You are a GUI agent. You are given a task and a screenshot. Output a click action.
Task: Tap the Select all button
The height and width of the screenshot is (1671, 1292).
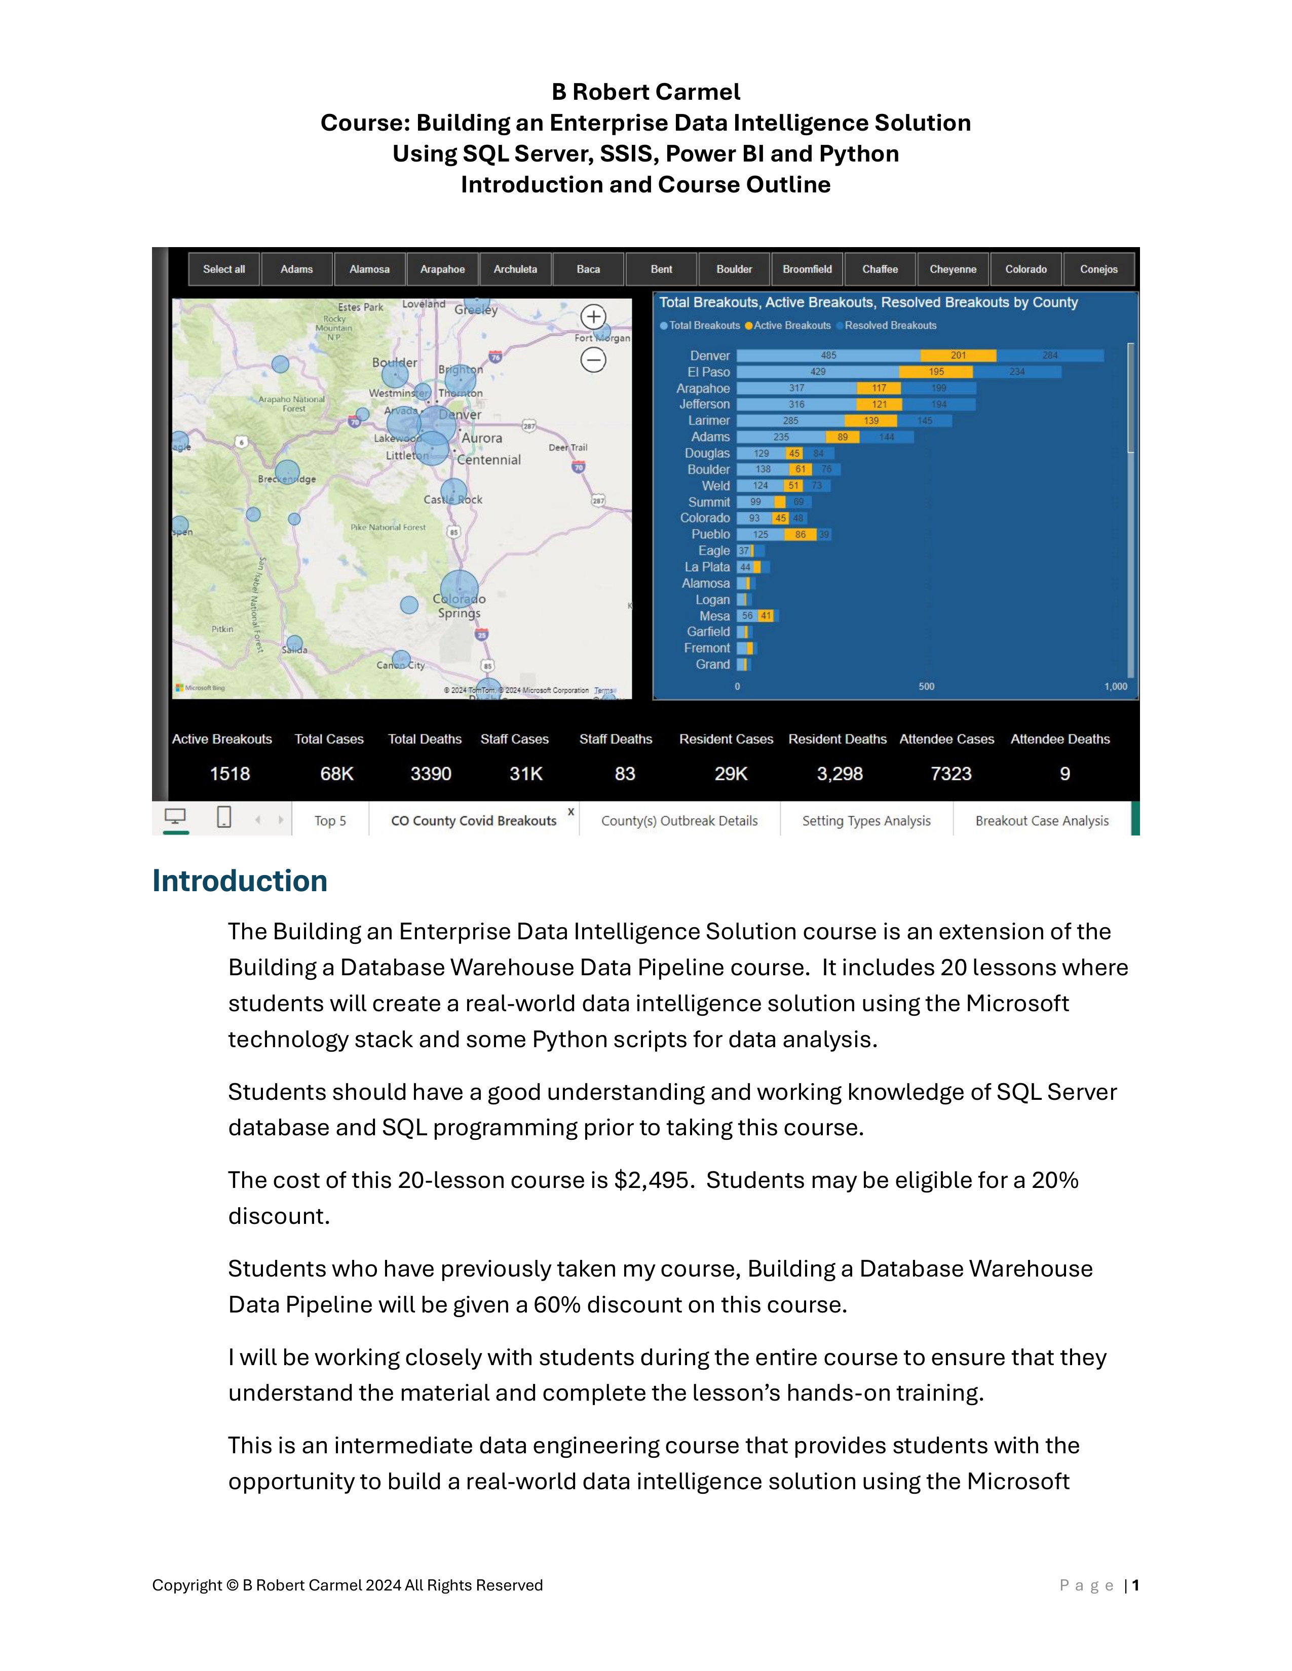coord(223,269)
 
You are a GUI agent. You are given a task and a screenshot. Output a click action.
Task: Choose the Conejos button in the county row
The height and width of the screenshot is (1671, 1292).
coord(1098,269)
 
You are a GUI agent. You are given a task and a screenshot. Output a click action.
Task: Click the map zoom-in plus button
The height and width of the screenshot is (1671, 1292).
coord(593,316)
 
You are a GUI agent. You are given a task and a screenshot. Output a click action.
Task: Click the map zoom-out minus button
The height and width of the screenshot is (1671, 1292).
coord(593,360)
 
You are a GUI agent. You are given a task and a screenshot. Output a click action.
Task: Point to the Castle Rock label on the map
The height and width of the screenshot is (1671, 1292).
coord(453,500)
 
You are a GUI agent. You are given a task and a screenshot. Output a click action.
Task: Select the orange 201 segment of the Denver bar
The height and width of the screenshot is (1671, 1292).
coord(958,356)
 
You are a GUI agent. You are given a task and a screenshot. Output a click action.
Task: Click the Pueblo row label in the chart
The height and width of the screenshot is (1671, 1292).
coord(710,534)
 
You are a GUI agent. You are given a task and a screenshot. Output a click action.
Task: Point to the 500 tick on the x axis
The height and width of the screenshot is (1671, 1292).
coord(926,686)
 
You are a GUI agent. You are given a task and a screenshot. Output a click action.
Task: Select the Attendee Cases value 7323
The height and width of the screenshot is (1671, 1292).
coord(951,774)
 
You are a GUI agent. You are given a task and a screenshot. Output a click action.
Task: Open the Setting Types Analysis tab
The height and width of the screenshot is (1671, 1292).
coord(866,821)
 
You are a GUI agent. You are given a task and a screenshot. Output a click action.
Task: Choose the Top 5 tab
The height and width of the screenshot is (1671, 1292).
coord(330,821)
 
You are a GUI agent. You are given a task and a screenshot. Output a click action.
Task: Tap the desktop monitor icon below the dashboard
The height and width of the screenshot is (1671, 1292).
coord(175,818)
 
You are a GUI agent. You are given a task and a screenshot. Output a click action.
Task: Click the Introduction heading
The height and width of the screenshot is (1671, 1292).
coord(240,881)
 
